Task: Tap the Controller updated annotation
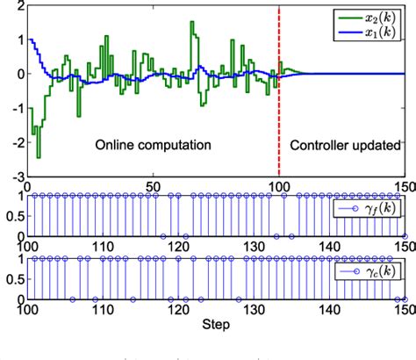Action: tap(343, 142)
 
